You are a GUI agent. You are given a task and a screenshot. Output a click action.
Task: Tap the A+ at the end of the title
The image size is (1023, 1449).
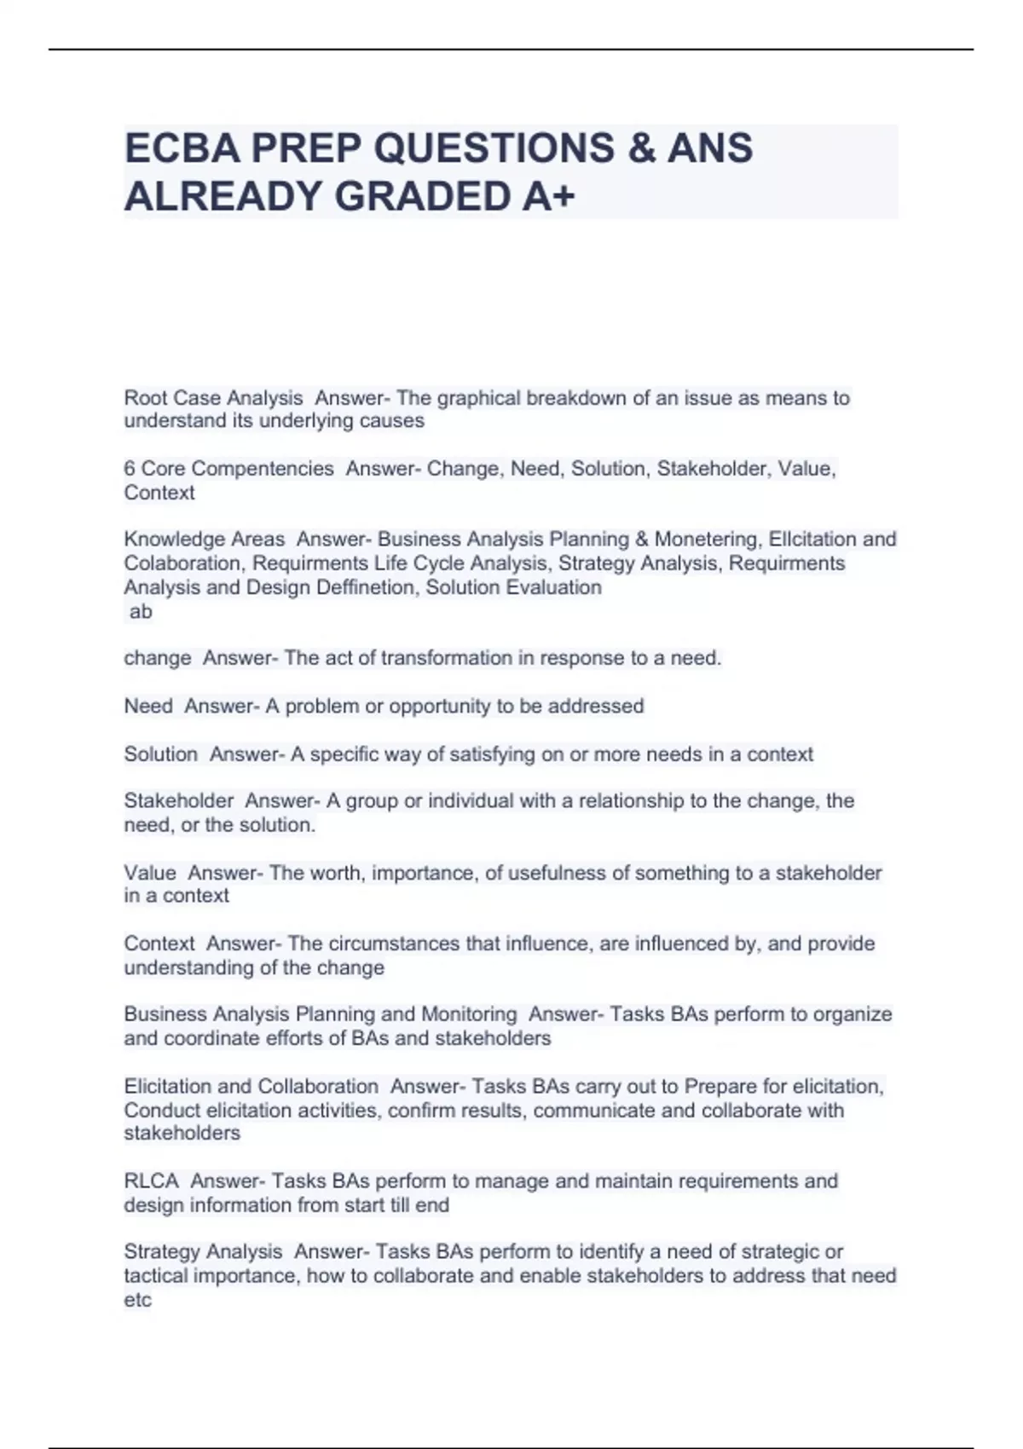click(x=546, y=197)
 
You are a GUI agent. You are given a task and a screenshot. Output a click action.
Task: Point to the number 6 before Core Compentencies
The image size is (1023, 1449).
click(x=130, y=469)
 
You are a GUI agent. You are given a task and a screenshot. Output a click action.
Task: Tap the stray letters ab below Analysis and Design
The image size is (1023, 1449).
click(x=141, y=611)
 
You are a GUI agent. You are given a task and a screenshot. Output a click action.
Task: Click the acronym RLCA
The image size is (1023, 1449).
click(x=151, y=1181)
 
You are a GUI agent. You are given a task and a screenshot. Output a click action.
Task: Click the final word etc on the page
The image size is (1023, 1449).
click(x=137, y=1300)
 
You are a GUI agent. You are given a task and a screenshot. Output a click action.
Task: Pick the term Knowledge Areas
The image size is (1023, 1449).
click(x=204, y=540)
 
